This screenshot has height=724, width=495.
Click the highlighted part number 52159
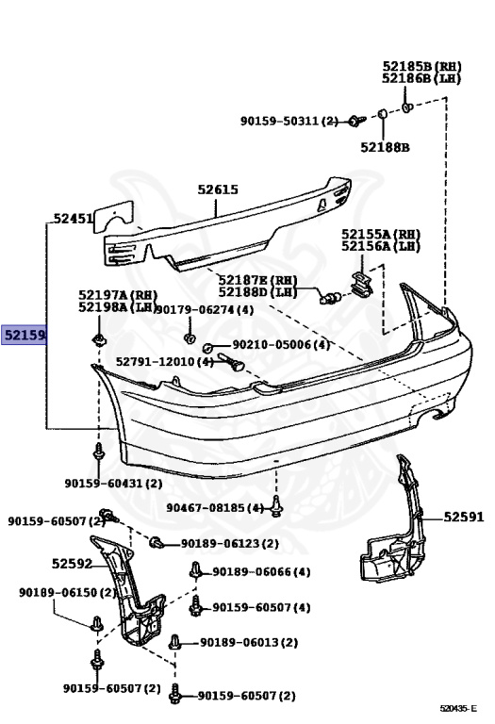pyautogui.click(x=25, y=335)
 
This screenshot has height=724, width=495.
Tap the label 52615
pyautogui.click(x=218, y=189)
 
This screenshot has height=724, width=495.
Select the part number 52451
pyautogui.click(x=74, y=218)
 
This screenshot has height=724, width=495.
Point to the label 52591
pyautogui.click(x=464, y=517)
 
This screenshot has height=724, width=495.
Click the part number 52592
pyautogui.click(x=72, y=564)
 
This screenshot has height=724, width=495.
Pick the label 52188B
pyautogui.click(x=385, y=147)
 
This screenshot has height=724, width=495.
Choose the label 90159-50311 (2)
pyautogui.click(x=289, y=121)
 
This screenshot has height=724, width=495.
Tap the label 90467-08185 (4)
pyautogui.click(x=215, y=508)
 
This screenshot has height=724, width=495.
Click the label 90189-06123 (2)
pyautogui.click(x=230, y=543)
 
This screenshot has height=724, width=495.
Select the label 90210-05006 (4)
pyautogui.click(x=281, y=344)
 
